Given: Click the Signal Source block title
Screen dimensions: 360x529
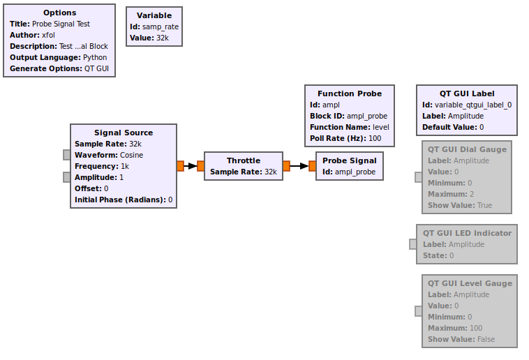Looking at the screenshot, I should [124, 133].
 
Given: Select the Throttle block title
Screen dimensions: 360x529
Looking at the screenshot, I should [243, 160].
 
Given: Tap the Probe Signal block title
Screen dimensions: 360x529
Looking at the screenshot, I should [349, 160].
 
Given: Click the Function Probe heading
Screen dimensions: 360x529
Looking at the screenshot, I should [350, 93].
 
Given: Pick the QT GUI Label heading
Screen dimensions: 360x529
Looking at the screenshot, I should [467, 93].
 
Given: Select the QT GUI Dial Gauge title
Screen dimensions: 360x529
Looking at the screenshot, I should [467, 149].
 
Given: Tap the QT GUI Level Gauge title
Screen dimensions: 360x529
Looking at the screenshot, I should [469, 283].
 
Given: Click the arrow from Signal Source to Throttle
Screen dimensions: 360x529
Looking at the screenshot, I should [191, 166].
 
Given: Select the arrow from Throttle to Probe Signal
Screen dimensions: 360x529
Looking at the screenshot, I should [299, 166].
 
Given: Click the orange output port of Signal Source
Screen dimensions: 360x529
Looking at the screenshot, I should [180, 166].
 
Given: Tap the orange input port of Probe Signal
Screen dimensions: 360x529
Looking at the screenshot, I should [312, 166].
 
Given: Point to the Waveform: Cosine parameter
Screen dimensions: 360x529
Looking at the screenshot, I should [109, 155].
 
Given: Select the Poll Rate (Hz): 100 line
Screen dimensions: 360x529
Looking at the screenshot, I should [345, 138].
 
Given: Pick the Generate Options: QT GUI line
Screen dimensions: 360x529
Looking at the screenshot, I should [59, 68].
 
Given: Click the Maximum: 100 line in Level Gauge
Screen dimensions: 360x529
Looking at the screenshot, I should [455, 328].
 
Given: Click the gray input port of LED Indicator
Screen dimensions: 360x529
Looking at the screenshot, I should [413, 244].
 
